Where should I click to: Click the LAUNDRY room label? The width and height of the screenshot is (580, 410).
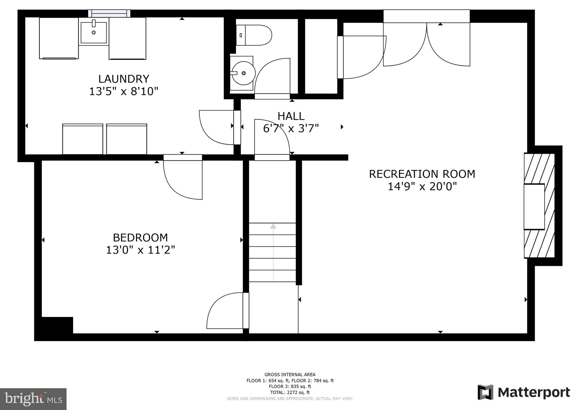[123, 79]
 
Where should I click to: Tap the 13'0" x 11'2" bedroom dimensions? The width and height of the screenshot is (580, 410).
[140, 250]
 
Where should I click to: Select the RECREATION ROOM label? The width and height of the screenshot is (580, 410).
[422, 174]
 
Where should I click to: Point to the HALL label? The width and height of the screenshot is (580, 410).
[291, 116]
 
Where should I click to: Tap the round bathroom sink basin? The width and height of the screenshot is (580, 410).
[243, 73]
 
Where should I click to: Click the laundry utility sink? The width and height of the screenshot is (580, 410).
[94, 33]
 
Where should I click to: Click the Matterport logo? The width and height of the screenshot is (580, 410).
[524, 392]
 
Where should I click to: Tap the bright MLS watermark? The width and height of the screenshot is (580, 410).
[33, 399]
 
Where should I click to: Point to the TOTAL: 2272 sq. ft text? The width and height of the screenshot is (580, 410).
[290, 392]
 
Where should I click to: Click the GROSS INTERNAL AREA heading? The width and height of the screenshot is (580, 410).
[290, 375]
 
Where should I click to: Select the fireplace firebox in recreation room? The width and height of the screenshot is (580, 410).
[534, 206]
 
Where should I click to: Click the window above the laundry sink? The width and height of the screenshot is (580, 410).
[109, 13]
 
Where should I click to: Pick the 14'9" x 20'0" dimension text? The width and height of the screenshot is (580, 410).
[422, 187]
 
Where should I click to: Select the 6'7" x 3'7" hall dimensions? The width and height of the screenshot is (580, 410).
[291, 129]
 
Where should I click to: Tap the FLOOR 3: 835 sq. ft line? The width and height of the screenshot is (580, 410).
[290, 386]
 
